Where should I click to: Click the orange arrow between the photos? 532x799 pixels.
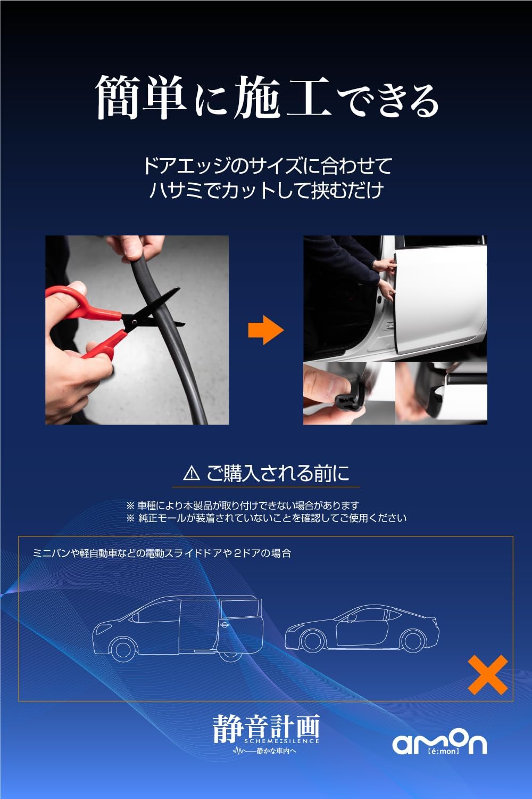266,330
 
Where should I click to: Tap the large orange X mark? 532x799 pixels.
488,675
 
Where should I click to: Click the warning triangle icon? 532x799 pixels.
192,473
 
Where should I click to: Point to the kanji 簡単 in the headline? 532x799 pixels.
142,97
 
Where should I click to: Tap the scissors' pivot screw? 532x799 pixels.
134,322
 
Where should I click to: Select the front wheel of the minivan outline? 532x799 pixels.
123,649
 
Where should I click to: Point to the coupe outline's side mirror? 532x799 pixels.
351,618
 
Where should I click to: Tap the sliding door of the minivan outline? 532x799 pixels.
198,630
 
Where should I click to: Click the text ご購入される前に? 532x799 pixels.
278,474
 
